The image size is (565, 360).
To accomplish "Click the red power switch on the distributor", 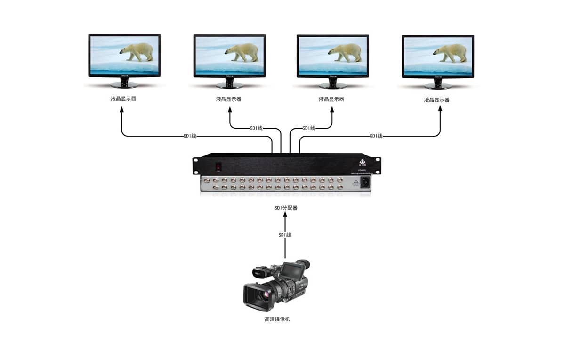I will pos(218,166).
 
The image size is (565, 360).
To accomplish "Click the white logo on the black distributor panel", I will pos(362,163).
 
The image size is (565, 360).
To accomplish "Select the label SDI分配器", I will pos(286,208).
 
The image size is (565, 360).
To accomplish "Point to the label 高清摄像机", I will pos(277,319).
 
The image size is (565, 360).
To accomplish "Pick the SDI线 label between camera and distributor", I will pos(284,235).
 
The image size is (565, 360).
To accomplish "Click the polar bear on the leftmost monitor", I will pos(137,51).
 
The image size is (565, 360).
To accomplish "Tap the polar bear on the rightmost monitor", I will pos(451,52).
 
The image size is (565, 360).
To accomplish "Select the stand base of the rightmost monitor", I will pos(438,86).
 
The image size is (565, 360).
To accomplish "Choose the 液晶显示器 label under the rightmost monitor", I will pos(436,100).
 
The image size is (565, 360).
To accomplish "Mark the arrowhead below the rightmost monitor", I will pos(441,108).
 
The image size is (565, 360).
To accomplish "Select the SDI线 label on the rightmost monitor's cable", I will pos(376,136).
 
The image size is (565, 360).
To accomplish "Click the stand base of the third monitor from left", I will pos(333,86).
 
